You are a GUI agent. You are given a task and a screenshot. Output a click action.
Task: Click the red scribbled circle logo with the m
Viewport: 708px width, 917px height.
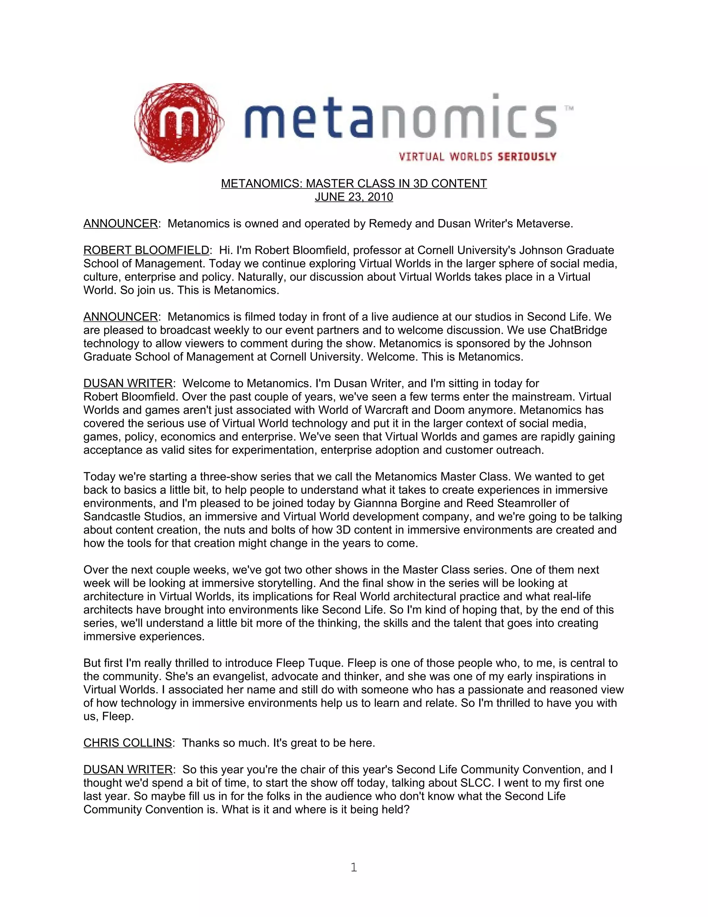coord(179,122)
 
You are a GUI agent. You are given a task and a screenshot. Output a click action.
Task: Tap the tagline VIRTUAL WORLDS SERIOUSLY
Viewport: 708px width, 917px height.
coord(477,157)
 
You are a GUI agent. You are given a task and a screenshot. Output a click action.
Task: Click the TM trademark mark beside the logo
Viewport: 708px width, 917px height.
coord(569,108)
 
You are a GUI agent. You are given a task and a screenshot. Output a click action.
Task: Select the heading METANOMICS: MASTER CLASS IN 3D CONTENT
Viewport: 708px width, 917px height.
coord(354,183)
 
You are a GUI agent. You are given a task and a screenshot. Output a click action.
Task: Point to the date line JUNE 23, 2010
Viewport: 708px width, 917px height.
coord(354,197)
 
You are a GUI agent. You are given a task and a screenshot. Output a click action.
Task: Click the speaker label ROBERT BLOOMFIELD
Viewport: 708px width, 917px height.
coord(146,250)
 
